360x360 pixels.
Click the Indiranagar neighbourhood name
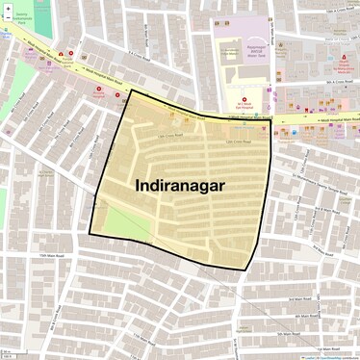[x=182, y=184]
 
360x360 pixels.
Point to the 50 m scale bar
[x=9, y=356]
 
